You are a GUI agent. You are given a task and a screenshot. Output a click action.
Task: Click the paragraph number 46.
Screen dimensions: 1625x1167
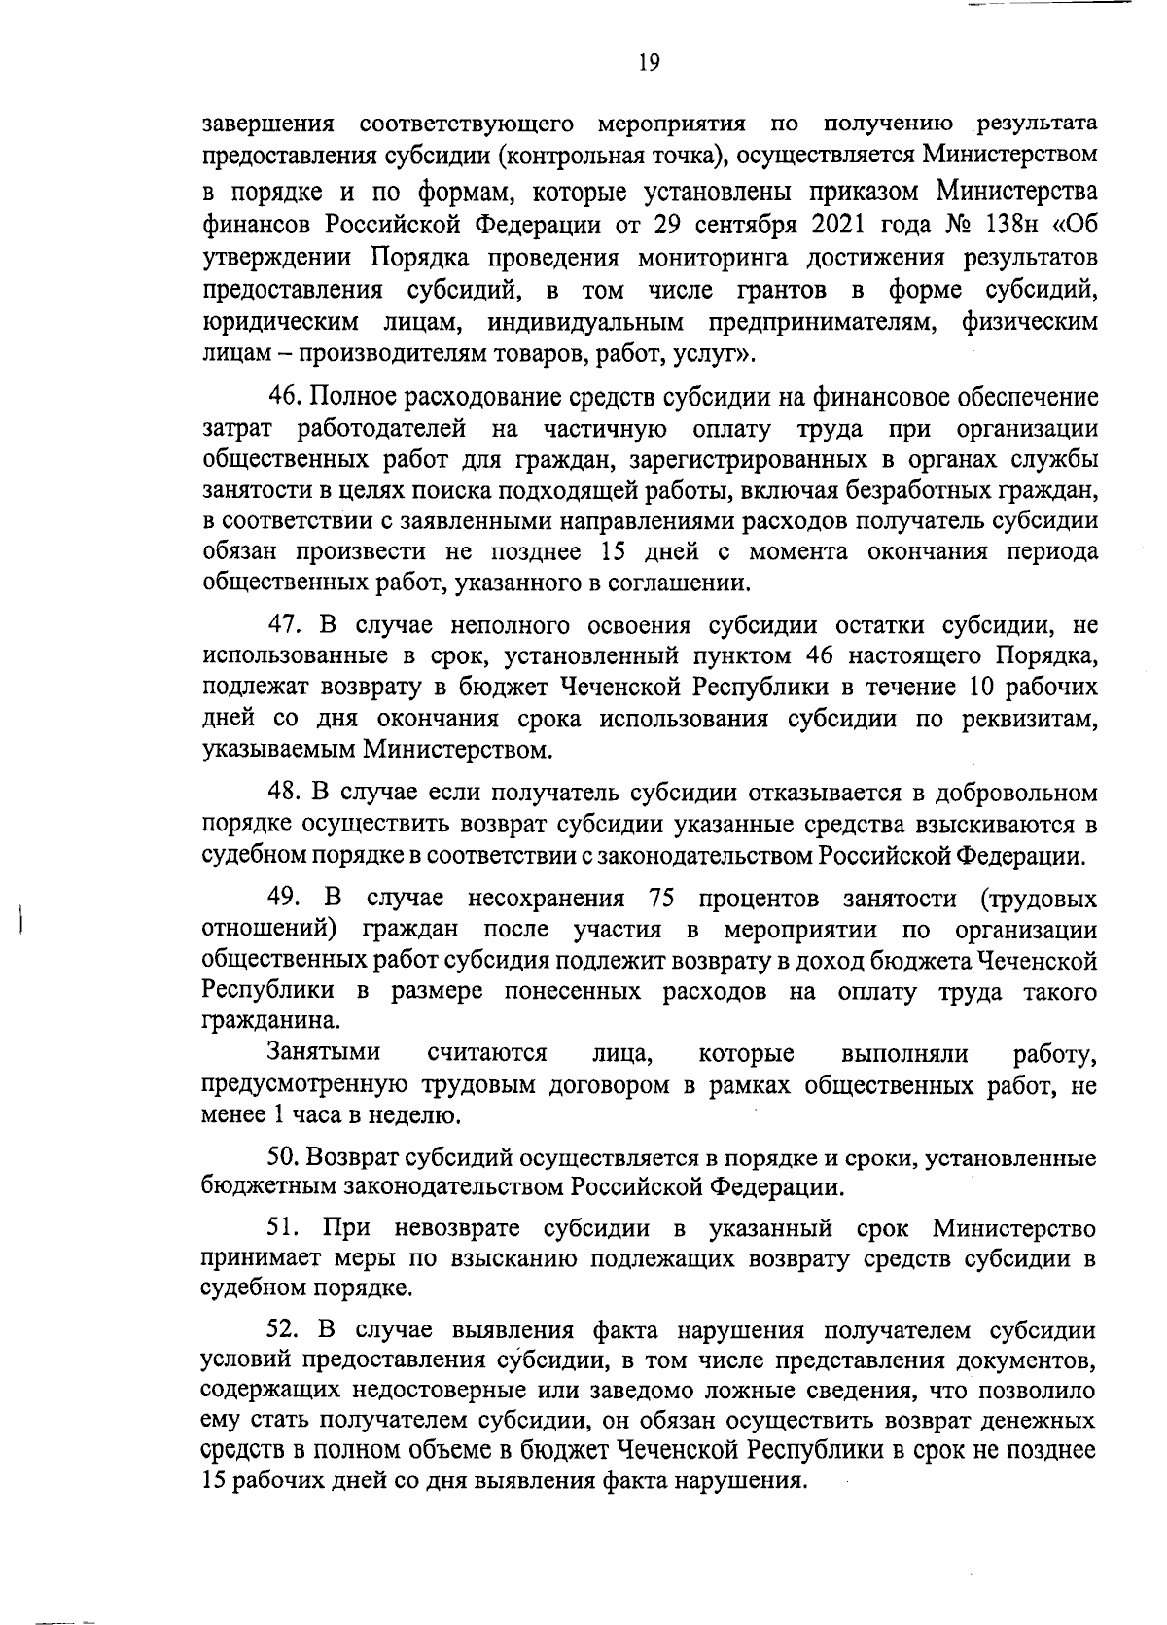[284, 397]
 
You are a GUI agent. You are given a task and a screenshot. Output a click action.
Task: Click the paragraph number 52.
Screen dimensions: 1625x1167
[284, 1330]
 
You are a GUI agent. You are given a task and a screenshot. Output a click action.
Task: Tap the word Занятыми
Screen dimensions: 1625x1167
[324, 1053]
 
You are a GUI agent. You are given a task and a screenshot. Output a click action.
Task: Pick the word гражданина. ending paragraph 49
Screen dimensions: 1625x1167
[258, 1022]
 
